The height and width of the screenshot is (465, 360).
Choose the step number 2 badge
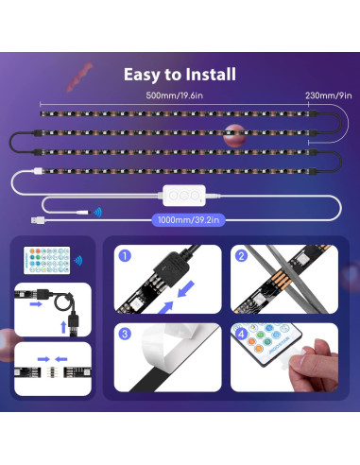(241, 256)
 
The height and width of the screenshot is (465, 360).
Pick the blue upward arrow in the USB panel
(63, 324)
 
